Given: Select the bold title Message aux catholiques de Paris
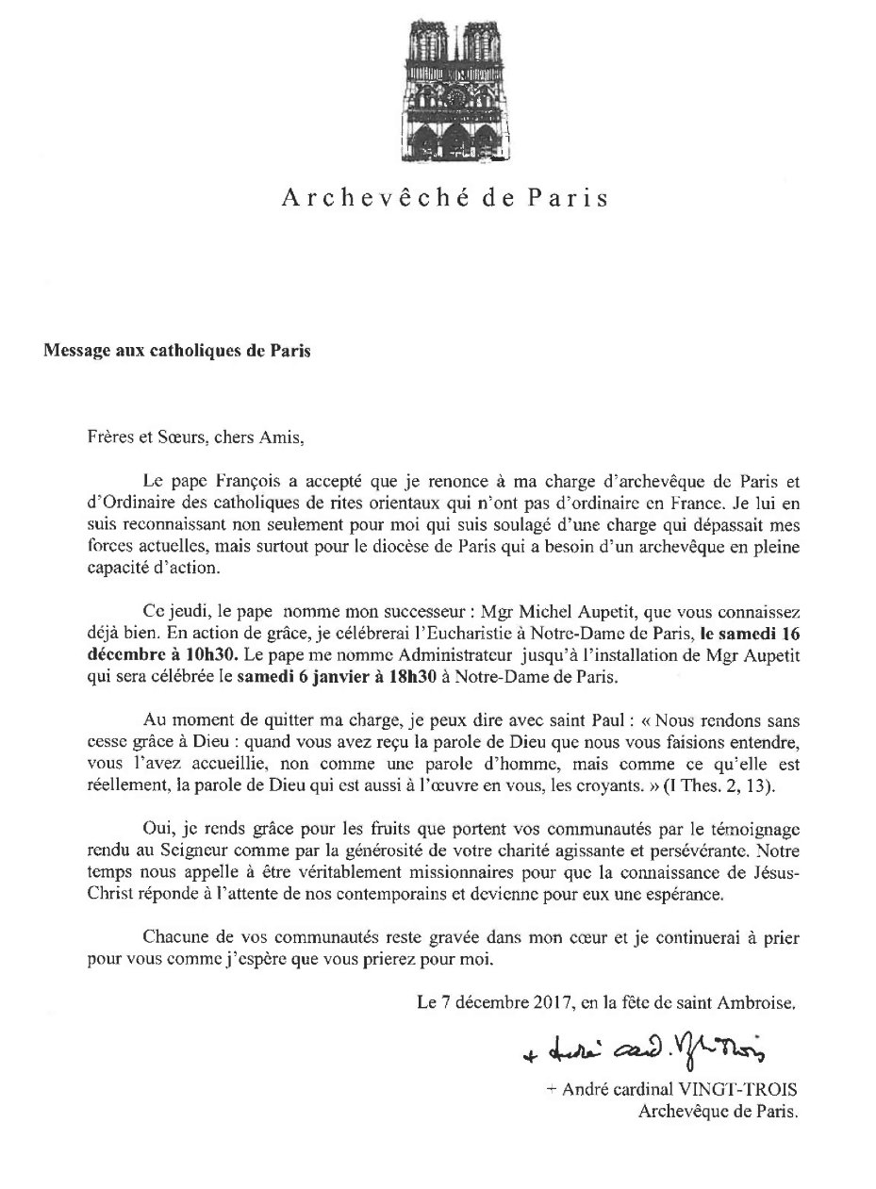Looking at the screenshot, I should pyautogui.click(x=176, y=351).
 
